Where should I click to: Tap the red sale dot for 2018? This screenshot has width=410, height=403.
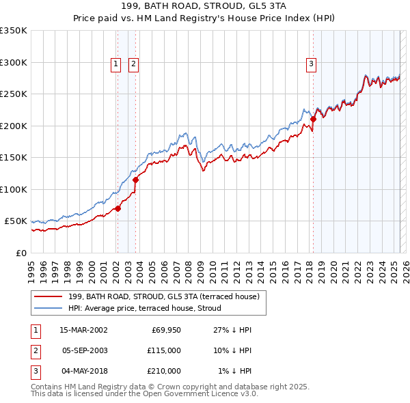[313, 119]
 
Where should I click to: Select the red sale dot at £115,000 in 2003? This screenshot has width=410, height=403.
[135, 180]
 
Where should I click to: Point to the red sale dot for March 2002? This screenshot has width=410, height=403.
[118, 208]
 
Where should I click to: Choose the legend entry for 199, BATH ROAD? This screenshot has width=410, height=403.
[163, 296]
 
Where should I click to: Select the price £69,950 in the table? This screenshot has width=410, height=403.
[166, 330]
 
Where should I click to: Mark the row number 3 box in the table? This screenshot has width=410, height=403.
[35, 371]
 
